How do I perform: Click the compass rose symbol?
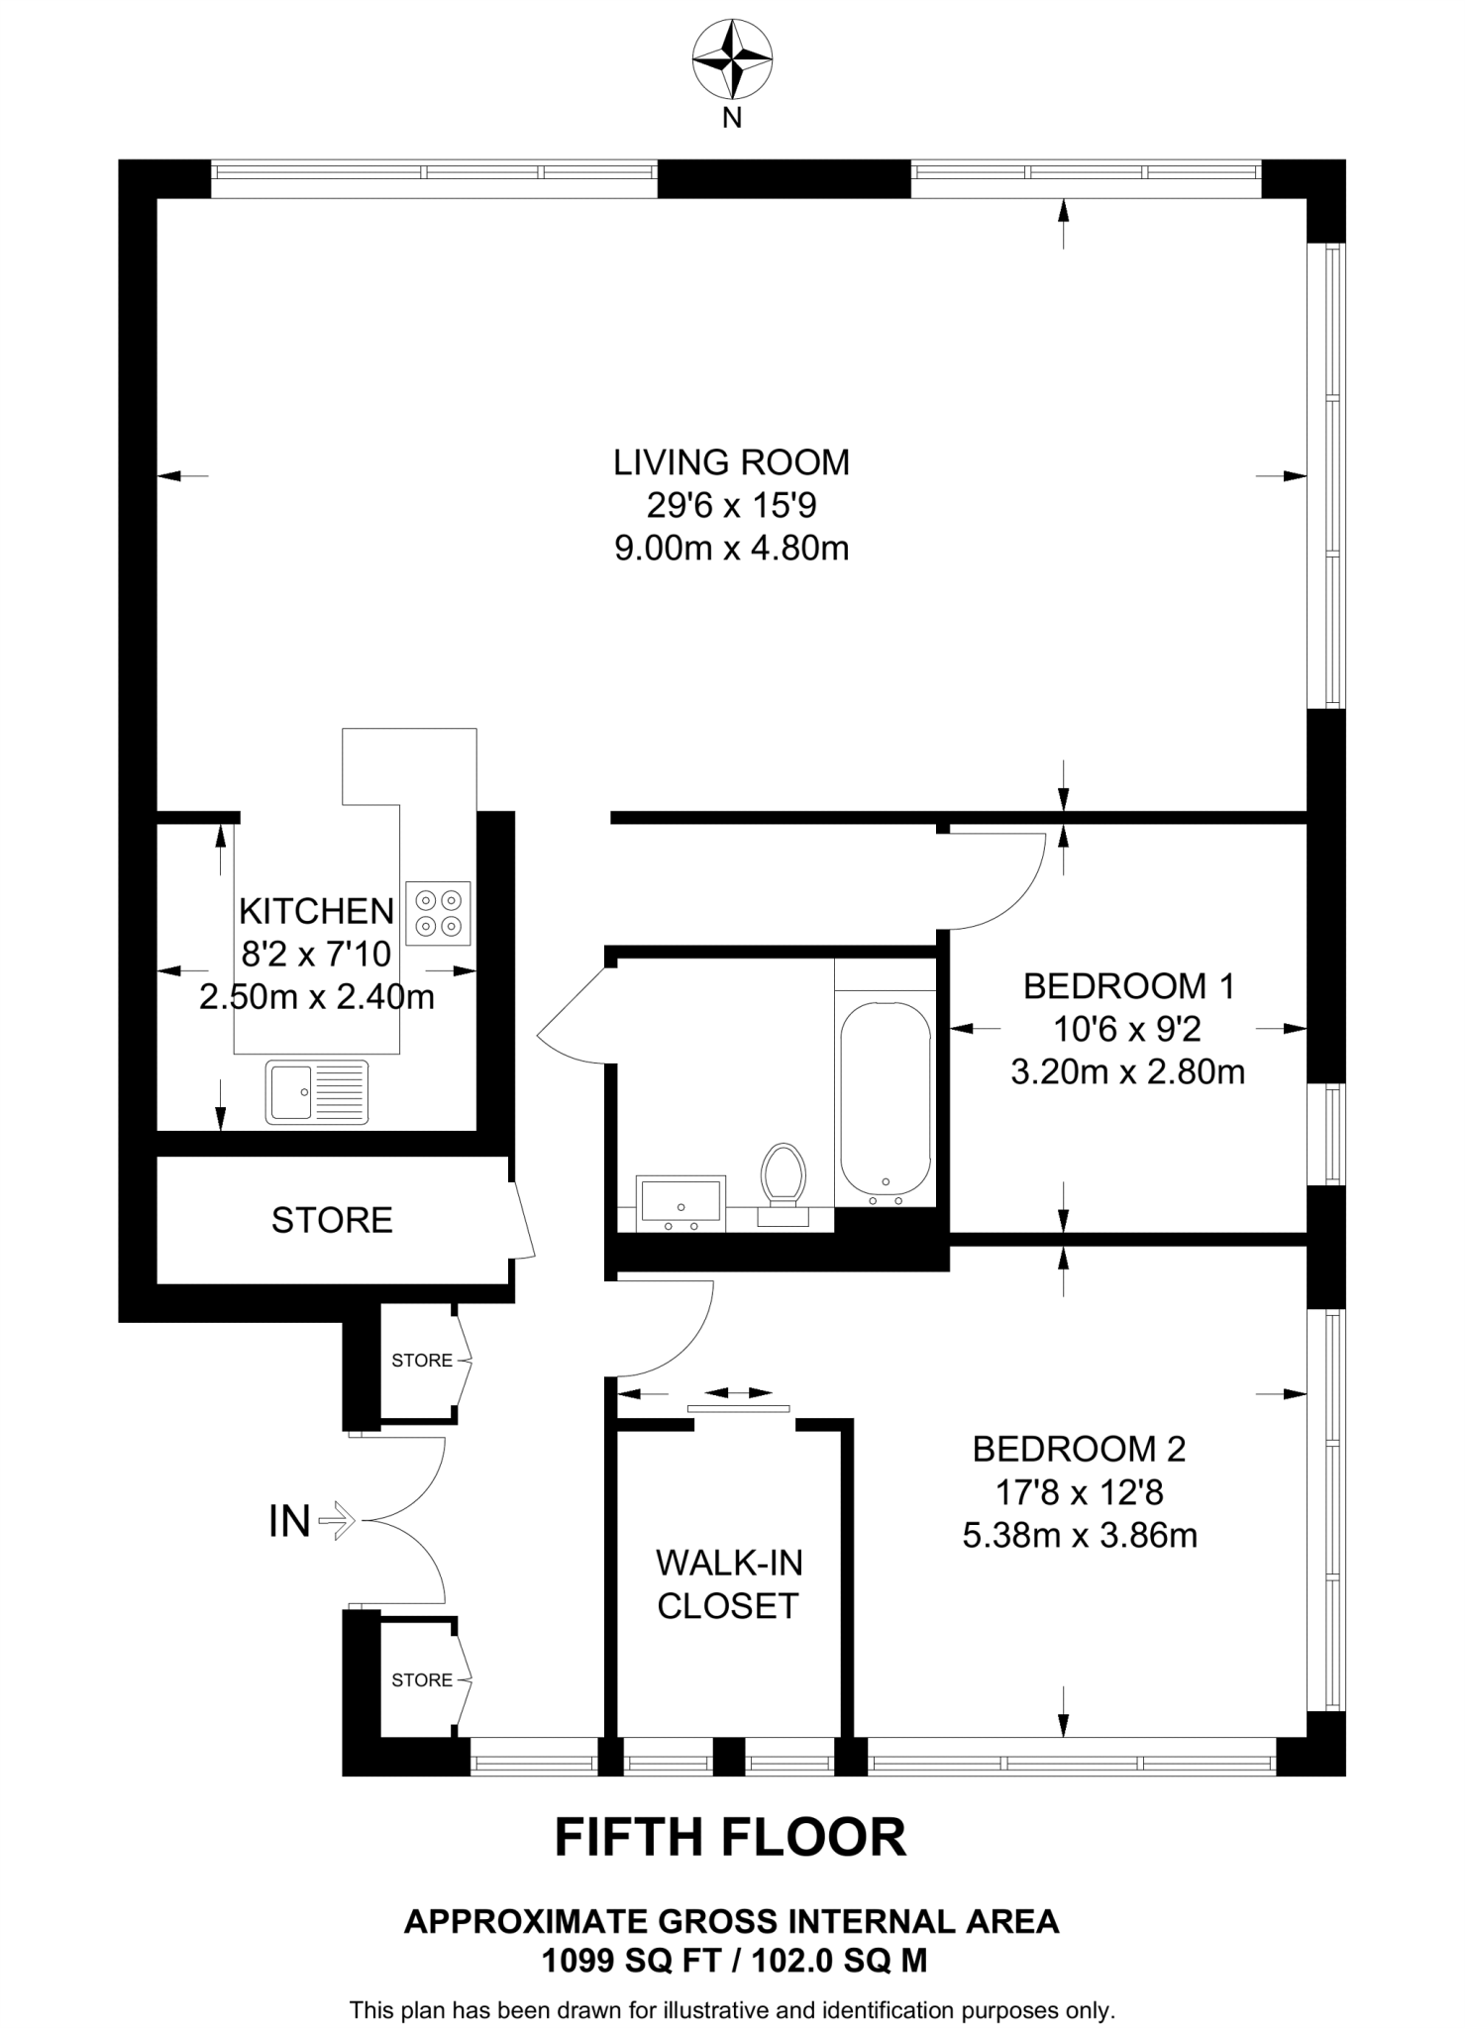(x=732, y=59)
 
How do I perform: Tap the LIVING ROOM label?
(x=731, y=462)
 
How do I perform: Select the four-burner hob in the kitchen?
(x=438, y=913)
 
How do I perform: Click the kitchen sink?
(x=317, y=1092)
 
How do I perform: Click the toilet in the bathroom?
(x=783, y=1178)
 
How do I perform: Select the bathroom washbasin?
(x=681, y=1201)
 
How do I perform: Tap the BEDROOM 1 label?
(x=1128, y=986)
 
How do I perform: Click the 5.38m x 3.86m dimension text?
(x=1080, y=1536)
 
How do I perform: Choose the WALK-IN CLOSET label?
(x=728, y=1584)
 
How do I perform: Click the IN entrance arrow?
(x=339, y=1520)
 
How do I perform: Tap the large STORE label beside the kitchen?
(x=332, y=1220)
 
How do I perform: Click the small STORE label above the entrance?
(x=422, y=1361)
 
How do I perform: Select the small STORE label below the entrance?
(x=422, y=1680)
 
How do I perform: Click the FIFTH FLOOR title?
(x=730, y=1838)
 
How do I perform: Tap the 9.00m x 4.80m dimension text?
(x=731, y=548)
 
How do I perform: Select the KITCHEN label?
(x=316, y=911)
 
